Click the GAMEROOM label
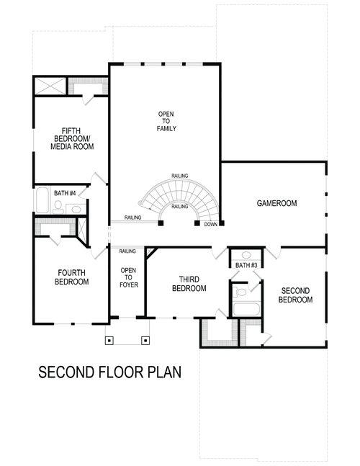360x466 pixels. tap(277, 203)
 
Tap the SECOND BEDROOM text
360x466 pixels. tap(296, 295)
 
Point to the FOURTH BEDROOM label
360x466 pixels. tap(71, 277)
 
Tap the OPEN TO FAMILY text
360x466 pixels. tap(167, 121)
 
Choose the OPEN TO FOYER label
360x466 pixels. tap(128, 277)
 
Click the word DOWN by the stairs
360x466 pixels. tap(210, 224)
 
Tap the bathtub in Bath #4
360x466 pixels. tap(41, 202)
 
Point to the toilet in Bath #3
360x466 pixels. tap(240, 292)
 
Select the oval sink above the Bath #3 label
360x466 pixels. tap(246, 254)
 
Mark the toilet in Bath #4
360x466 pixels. tap(58, 207)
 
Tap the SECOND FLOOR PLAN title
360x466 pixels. tap(109, 372)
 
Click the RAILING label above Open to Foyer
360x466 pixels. tap(127, 251)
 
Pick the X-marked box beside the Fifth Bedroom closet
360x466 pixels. tap(50, 86)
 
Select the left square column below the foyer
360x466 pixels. tap(110, 340)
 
